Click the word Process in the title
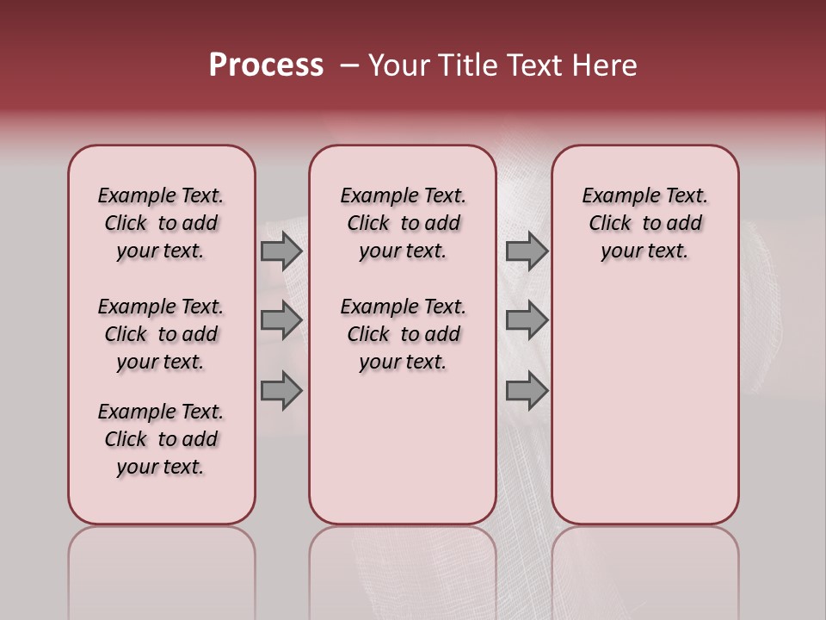point(266,65)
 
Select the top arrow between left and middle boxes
point(281,251)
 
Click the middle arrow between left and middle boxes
point(281,320)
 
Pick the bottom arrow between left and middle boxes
point(281,391)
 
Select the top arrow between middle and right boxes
point(527,251)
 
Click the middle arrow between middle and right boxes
point(527,320)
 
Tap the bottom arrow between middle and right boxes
point(527,391)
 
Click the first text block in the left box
point(161,223)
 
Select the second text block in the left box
point(161,334)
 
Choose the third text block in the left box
point(161,439)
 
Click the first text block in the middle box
point(403,223)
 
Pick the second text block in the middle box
point(403,334)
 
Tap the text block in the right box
point(645,223)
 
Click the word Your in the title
point(399,65)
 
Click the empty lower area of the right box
point(645,405)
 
